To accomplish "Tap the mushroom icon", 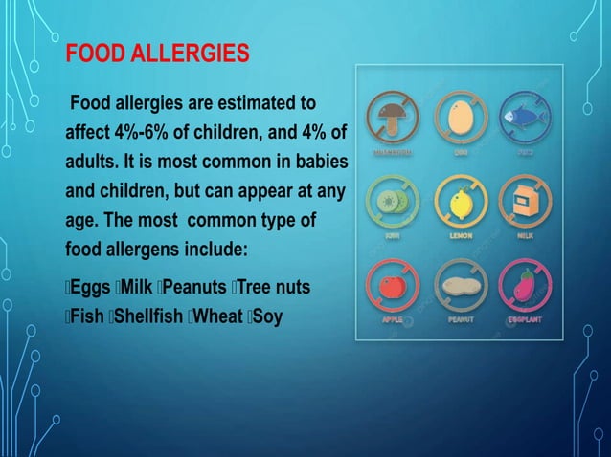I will pos(392,119).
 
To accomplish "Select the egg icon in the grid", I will pos(461,119).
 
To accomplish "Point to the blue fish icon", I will pos(529,119).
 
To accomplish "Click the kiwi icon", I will pos(392,201).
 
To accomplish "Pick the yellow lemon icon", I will pos(461,201).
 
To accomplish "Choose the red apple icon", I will pos(392,284).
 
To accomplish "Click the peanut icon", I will pos(461,284).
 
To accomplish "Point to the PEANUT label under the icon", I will pos(461,319).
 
